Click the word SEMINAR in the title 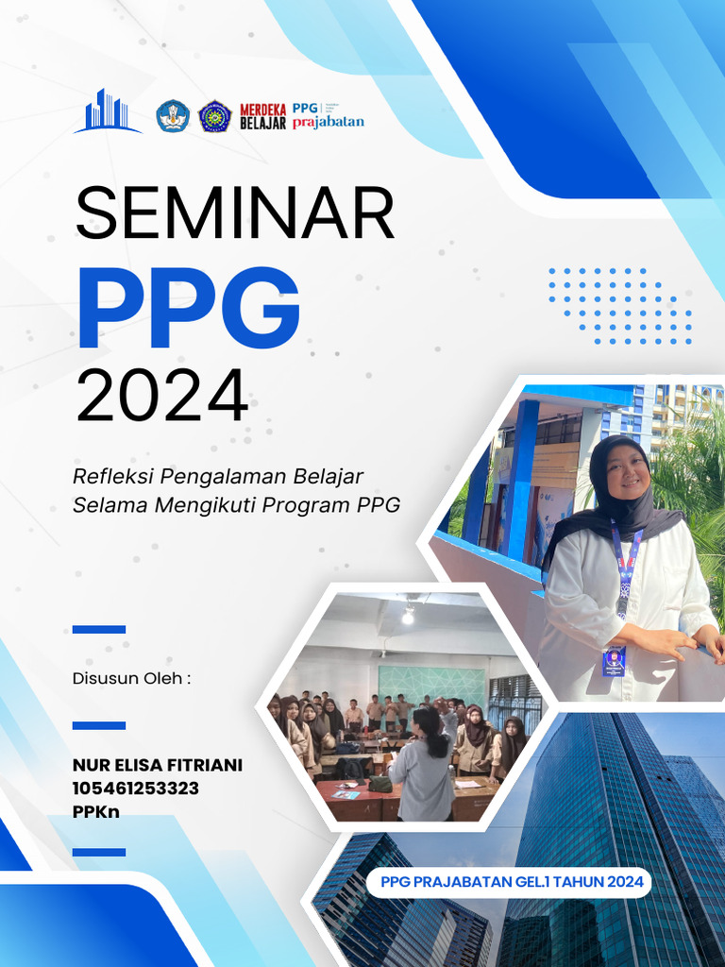[234, 213]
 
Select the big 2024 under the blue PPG [161, 397]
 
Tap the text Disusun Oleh [131, 678]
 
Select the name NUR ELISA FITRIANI [157, 765]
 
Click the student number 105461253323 [135, 788]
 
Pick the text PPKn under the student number [96, 810]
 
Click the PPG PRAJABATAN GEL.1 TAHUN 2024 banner [511, 883]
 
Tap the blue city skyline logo [106, 111]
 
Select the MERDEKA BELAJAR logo [262, 115]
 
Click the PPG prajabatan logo [327, 115]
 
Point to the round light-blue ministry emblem [173, 115]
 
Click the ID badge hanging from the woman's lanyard [614, 659]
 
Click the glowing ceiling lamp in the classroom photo [408, 616]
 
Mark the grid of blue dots [619, 305]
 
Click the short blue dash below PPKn [98, 852]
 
